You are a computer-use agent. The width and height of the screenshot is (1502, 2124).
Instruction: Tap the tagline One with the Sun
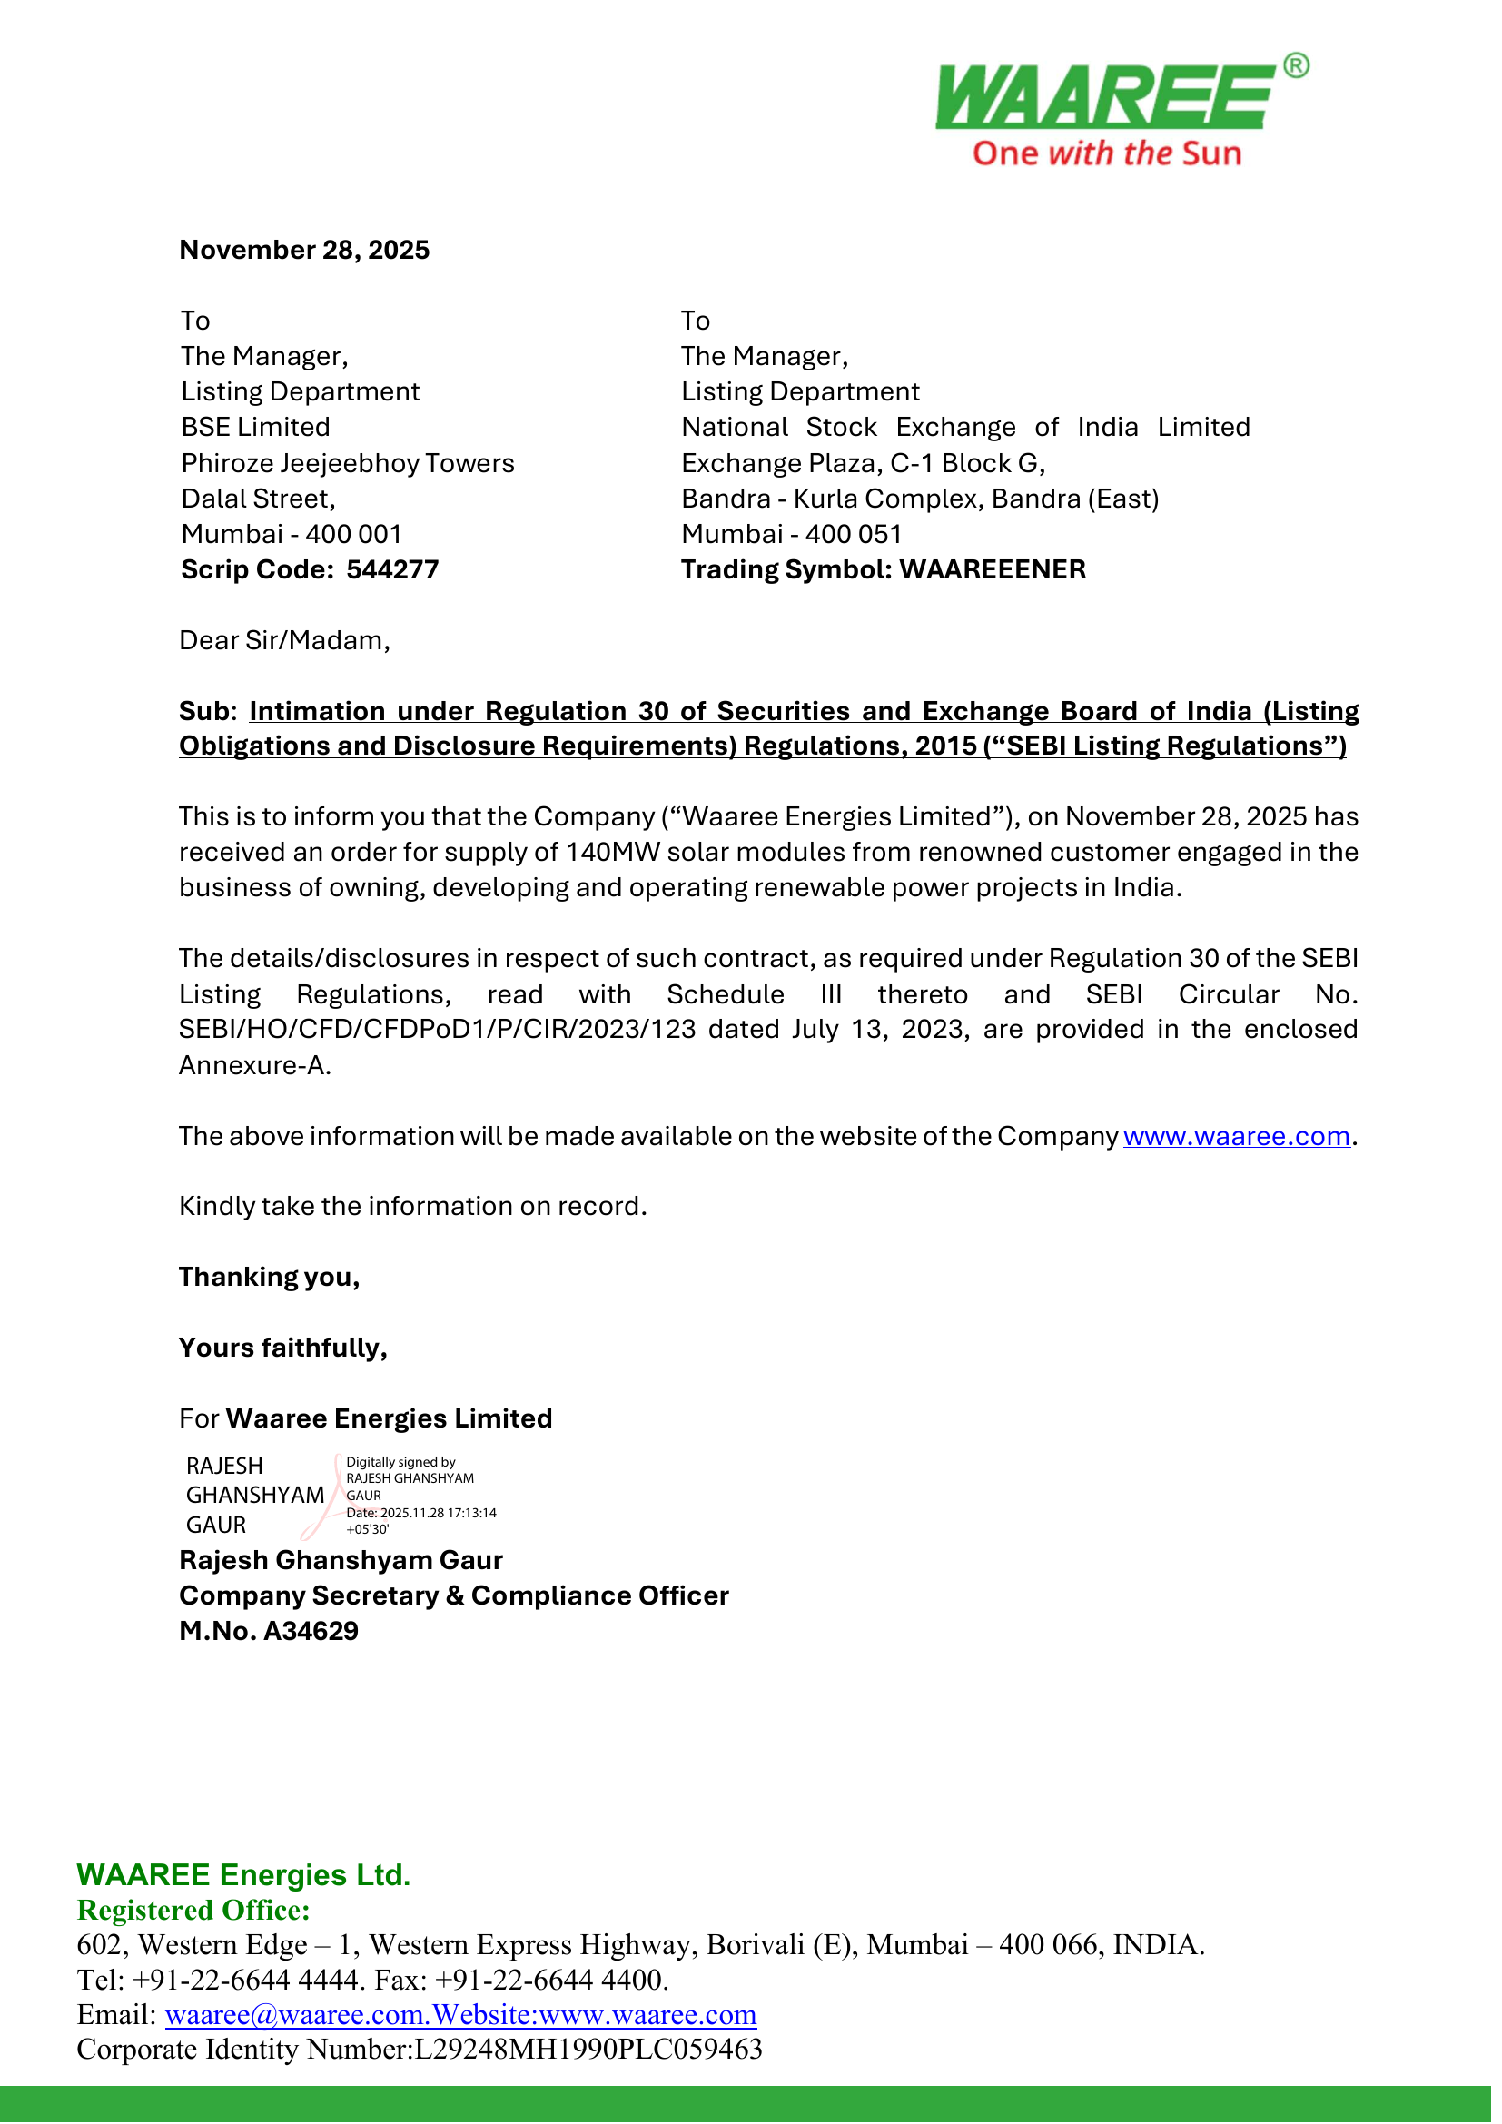(x=1106, y=153)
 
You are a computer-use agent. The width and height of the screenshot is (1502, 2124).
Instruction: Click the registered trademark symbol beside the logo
(x=1297, y=65)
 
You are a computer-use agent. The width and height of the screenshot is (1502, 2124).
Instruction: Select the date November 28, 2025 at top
(x=304, y=250)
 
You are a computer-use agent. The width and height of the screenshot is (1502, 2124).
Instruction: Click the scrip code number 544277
(x=392, y=570)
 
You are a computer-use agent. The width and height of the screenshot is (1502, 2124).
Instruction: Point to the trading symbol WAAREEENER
(x=993, y=570)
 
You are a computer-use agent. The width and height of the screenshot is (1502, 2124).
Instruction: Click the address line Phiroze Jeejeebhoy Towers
(x=348, y=463)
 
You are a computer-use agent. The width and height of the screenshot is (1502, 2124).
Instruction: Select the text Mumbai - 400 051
(x=791, y=535)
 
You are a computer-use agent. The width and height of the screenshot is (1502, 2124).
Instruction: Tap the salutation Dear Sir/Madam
(x=284, y=641)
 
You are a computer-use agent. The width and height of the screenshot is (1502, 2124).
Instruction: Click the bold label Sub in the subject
(x=203, y=711)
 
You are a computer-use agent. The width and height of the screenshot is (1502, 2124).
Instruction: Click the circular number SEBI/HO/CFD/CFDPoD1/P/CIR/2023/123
(x=437, y=1030)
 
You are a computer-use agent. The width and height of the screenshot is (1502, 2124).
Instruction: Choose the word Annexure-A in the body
(x=254, y=1066)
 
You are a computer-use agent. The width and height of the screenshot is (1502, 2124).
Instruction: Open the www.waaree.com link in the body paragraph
(x=1237, y=1136)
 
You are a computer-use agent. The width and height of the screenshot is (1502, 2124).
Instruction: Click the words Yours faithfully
(x=283, y=1348)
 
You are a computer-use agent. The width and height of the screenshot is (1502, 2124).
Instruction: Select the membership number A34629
(x=311, y=1631)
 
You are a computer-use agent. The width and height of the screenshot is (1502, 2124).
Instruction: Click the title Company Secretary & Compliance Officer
(x=454, y=1595)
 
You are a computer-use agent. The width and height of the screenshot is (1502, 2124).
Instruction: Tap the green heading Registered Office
(x=193, y=1910)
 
